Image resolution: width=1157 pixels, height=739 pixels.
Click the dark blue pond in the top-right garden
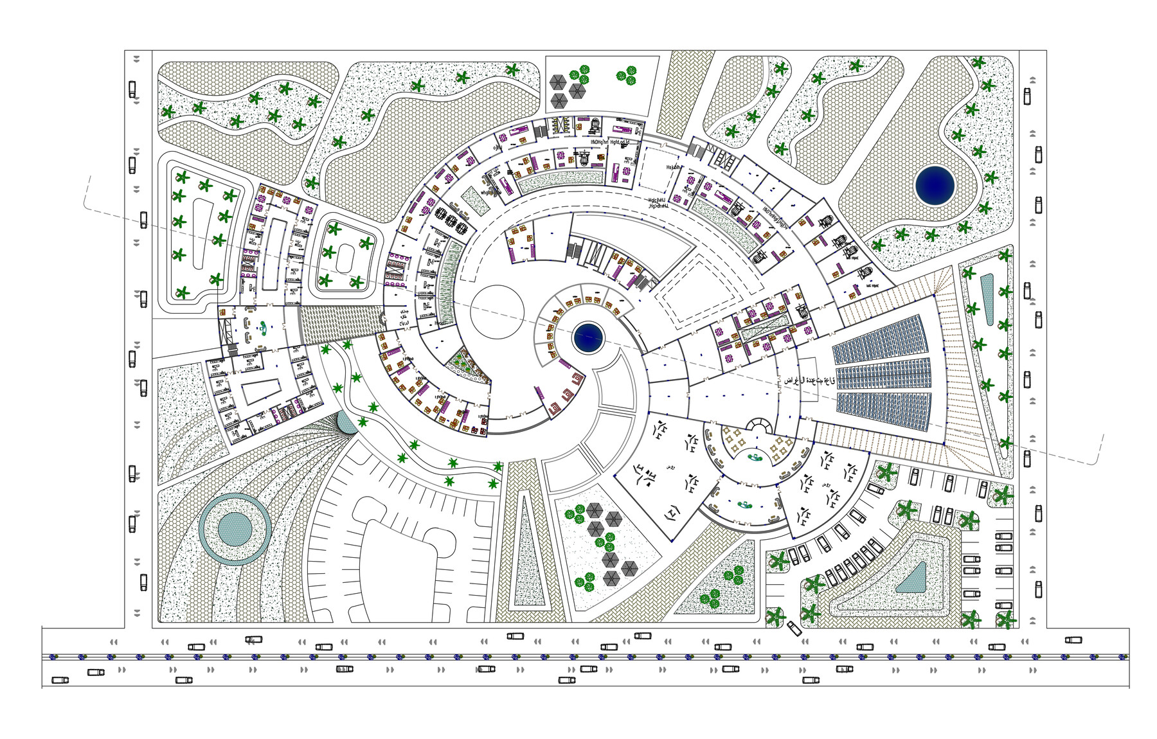(935, 185)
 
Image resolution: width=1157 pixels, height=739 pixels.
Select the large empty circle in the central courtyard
(497, 312)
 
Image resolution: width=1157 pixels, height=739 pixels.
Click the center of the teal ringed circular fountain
(235, 528)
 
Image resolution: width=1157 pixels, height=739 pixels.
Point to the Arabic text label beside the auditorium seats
(808, 380)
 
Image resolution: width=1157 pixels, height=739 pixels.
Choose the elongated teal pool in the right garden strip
(987, 299)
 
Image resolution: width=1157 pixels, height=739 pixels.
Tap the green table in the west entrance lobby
(263, 330)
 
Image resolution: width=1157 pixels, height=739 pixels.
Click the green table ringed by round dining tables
(755, 458)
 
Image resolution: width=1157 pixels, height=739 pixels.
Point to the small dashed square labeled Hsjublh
(658, 168)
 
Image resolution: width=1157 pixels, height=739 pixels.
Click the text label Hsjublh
(674, 167)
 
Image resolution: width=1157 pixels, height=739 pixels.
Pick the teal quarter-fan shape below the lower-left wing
(347, 422)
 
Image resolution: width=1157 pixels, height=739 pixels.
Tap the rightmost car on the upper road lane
(1073, 640)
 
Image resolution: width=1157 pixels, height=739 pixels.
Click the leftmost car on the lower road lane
(60, 680)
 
